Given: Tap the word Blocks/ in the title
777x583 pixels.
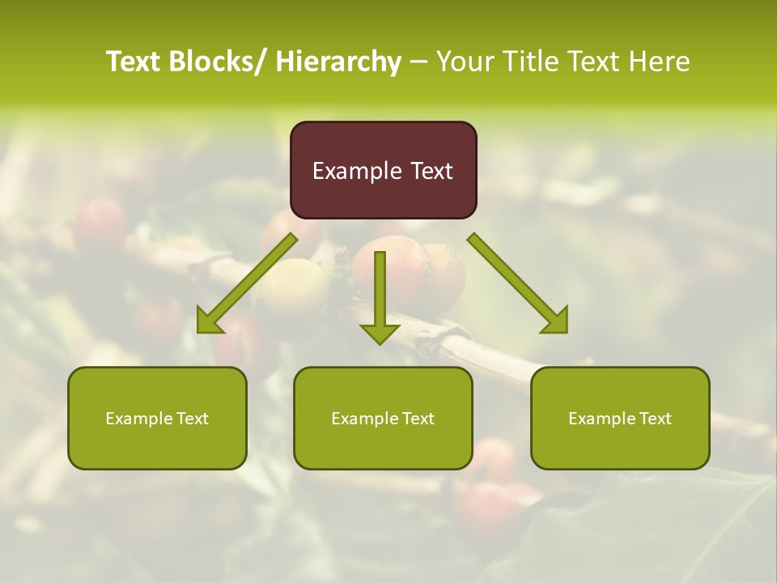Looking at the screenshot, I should point(215,62).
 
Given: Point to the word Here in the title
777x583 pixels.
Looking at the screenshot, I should point(660,62).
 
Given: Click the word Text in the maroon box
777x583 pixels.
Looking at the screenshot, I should point(431,171).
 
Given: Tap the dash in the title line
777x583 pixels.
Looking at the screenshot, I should point(418,62).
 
